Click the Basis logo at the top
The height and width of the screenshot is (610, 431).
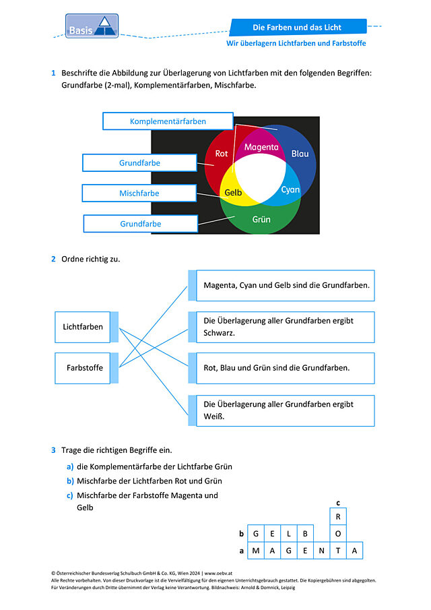pyautogui.click(x=92, y=26)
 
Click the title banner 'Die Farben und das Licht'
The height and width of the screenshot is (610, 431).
pyautogui.click(x=298, y=27)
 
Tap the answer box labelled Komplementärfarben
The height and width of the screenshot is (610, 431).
pyautogui.click(x=168, y=121)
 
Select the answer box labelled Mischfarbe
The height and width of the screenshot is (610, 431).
pyautogui.click(x=139, y=193)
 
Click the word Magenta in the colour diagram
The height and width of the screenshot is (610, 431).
pyautogui.click(x=261, y=147)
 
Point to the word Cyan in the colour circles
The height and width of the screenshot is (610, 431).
pyautogui.click(x=290, y=190)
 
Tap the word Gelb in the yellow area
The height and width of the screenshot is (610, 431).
pyautogui.click(x=233, y=193)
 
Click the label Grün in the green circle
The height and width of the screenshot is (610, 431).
pyautogui.click(x=261, y=220)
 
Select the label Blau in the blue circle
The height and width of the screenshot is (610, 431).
pyautogui.click(x=300, y=154)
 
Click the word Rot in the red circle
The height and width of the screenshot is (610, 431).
pyautogui.click(x=222, y=154)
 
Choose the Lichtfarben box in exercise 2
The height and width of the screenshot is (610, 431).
pyautogui.click(x=83, y=327)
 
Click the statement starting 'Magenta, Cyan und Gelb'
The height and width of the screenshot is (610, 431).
pyautogui.click(x=286, y=286)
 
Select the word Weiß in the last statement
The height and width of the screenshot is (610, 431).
pyautogui.click(x=214, y=417)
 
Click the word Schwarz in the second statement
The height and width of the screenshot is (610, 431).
pyautogui.click(x=219, y=333)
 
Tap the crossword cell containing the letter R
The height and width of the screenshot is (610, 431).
pyautogui.click(x=338, y=516)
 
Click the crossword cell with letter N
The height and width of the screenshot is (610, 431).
pyautogui.click(x=321, y=551)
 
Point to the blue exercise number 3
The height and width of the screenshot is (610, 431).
pyautogui.click(x=53, y=450)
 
